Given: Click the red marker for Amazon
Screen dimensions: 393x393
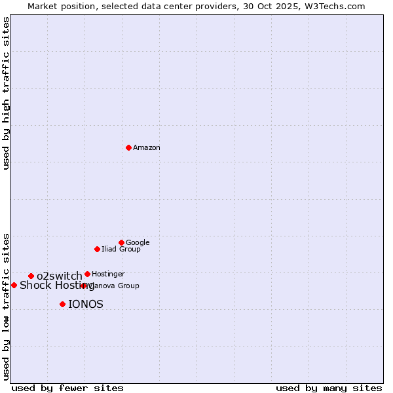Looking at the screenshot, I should click(128, 147).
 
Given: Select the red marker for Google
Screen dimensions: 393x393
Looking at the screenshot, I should click(121, 242).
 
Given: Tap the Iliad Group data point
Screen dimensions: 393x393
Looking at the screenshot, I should click(97, 249).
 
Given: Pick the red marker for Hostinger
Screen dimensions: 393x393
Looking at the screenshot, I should click(87, 274).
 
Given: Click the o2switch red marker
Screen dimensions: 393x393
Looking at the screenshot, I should click(31, 276).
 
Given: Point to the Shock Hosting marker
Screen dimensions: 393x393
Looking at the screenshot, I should click(14, 285).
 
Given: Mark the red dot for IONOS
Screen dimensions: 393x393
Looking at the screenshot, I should click(62, 304).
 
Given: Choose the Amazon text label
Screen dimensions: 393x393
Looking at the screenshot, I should click(147, 148).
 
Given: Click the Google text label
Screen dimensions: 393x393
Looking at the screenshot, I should click(138, 243).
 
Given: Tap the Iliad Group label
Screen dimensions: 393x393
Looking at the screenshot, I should click(121, 250).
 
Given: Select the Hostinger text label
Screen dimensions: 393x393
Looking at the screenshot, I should click(108, 274).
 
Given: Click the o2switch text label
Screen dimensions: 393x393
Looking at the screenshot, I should click(59, 276).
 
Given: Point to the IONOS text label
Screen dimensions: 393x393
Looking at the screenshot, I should click(86, 305).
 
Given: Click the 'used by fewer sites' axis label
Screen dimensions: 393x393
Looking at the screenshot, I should click(67, 388).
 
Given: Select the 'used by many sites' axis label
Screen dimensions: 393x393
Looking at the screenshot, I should click(329, 388).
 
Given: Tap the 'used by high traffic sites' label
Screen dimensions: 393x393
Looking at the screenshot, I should click(6, 93).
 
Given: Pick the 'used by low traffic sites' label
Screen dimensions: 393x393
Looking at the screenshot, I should click(6, 306).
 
